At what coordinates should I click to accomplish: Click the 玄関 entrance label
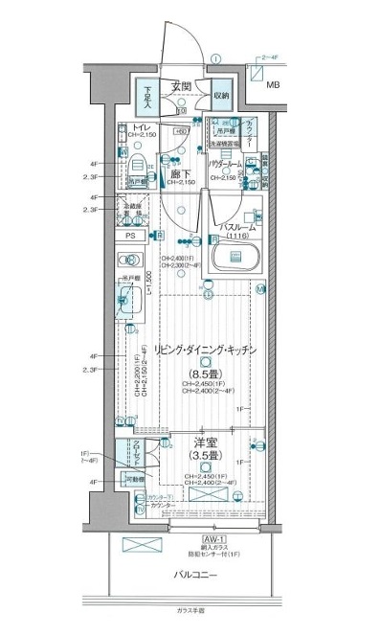pos(182,86)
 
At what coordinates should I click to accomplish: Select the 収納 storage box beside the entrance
pos(221,95)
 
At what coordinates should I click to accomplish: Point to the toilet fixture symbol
pos(133,164)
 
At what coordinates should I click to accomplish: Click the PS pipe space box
pos(132,234)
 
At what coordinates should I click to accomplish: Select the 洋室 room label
pos(204,443)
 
